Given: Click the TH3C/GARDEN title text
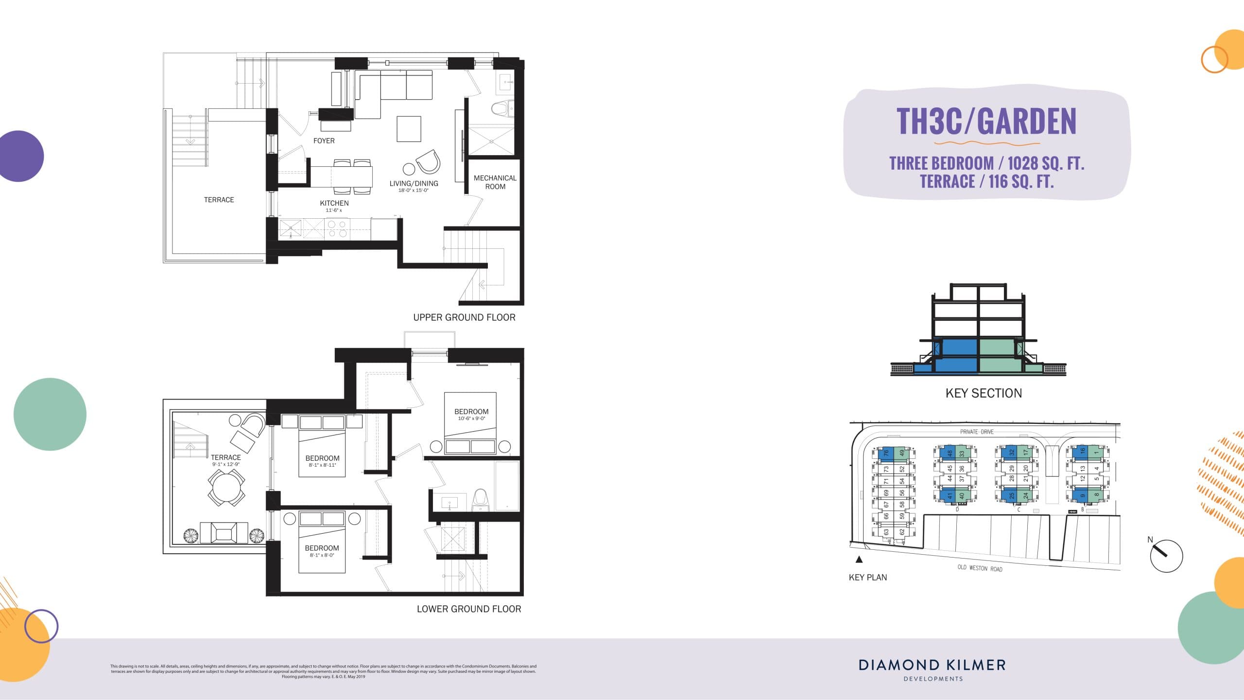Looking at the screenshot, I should (x=986, y=121).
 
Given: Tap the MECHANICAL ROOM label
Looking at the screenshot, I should (x=495, y=182).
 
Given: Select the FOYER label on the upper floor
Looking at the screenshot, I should (x=324, y=141).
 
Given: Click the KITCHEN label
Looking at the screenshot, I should (x=334, y=203).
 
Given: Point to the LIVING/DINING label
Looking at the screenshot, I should (x=414, y=184).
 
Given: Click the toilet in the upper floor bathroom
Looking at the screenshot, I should (x=502, y=108).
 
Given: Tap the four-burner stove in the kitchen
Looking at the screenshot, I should (x=337, y=229).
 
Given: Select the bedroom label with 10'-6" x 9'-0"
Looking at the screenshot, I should (x=471, y=412).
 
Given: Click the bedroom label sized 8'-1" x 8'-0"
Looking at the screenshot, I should (x=322, y=548).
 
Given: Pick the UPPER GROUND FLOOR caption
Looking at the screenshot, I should (x=464, y=317).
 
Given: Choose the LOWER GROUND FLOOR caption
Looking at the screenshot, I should (x=468, y=609).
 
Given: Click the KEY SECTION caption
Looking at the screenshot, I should (x=984, y=393).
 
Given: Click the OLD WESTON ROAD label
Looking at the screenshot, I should (x=980, y=568).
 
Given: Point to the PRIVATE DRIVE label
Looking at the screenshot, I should (x=977, y=432).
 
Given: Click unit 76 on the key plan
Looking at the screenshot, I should (x=886, y=453).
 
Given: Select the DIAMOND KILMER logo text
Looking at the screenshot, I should (x=932, y=665).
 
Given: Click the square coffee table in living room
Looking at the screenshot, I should (x=409, y=129).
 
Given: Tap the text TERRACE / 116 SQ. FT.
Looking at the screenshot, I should (x=986, y=182).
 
